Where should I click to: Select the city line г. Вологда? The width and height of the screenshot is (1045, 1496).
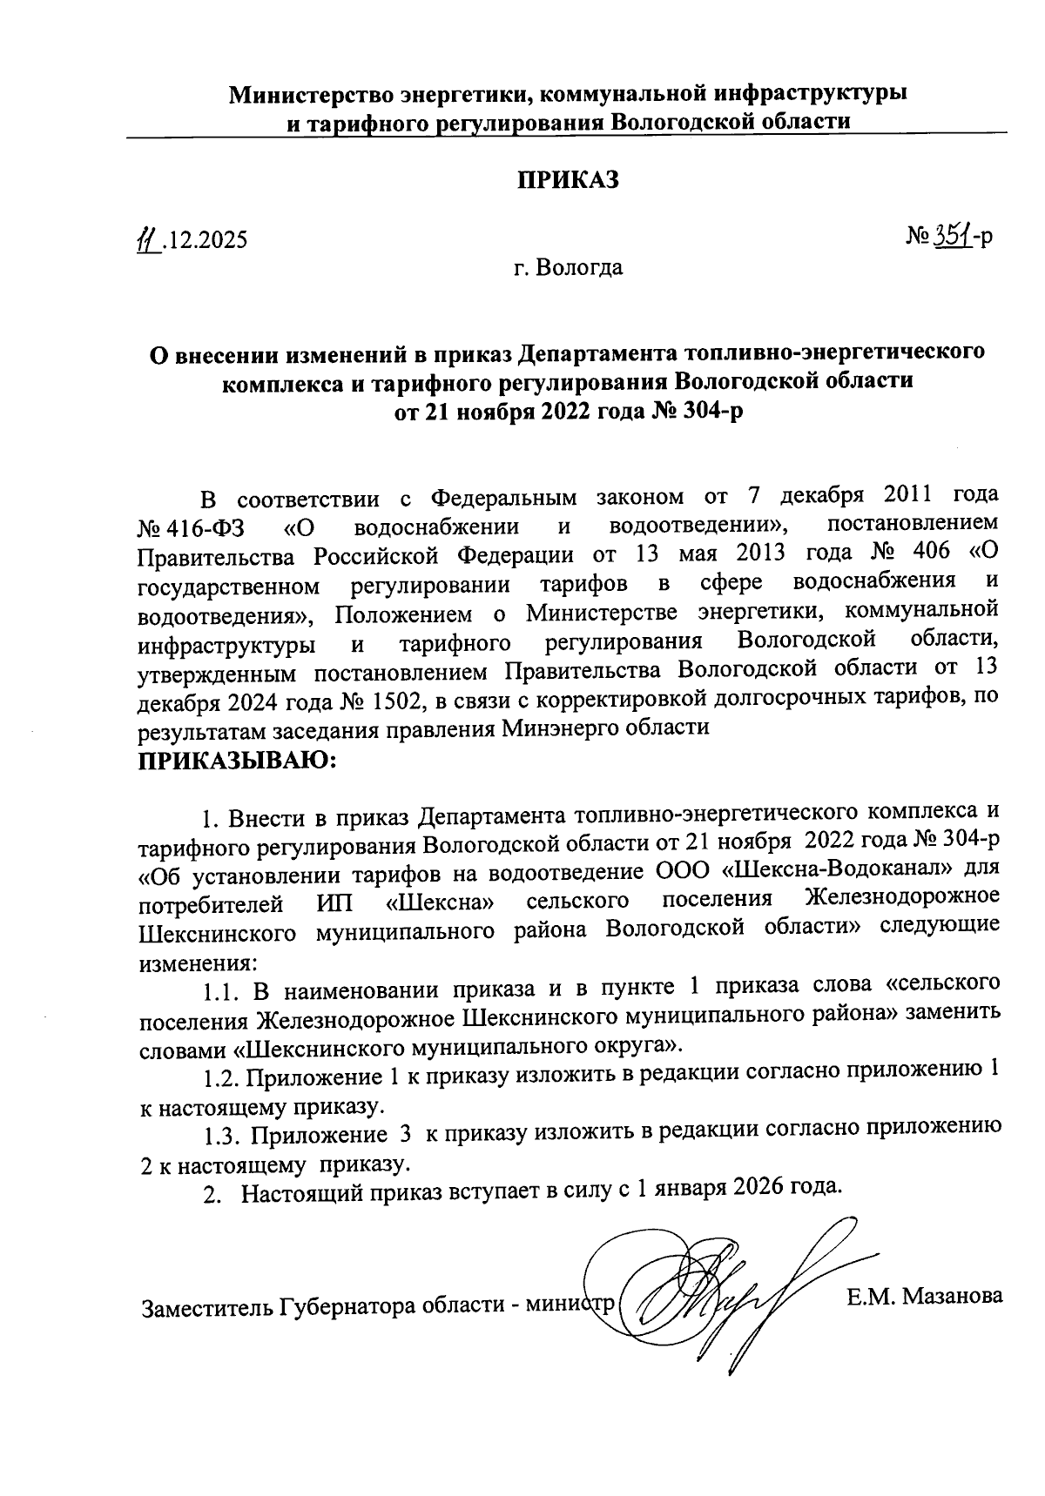pyautogui.click(x=568, y=267)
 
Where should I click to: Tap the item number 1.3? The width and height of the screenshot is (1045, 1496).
pyautogui.click(x=221, y=1136)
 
